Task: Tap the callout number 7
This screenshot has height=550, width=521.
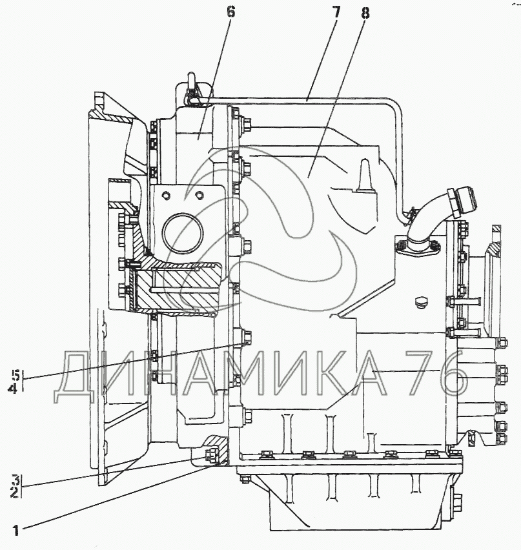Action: [x=336, y=12]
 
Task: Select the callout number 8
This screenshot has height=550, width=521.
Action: [x=365, y=14]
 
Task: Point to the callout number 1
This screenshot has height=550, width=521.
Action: [x=15, y=531]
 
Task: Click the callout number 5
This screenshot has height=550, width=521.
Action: [x=14, y=374]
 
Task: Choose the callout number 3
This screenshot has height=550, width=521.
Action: [x=14, y=480]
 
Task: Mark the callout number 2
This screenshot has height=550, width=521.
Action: [x=14, y=492]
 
